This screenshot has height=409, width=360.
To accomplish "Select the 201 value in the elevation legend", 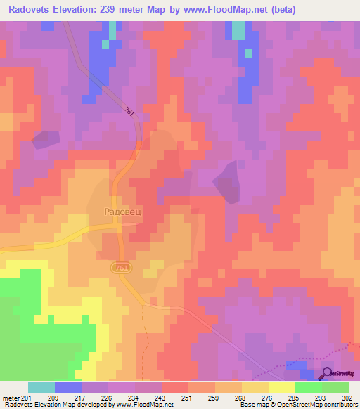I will pyautogui.click(x=25, y=398).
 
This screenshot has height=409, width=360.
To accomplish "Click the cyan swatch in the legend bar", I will pyautogui.click(x=41, y=387).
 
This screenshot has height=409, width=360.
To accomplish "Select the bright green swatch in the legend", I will pyautogui.click(x=308, y=387).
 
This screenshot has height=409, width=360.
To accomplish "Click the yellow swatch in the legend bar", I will pyautogui.click(x=281, y=387).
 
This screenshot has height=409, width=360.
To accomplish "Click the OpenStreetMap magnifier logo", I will pyautogui.click(x=326, y=373).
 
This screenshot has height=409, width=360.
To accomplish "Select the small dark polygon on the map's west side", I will pyautogui.click(x=46, y=139).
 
